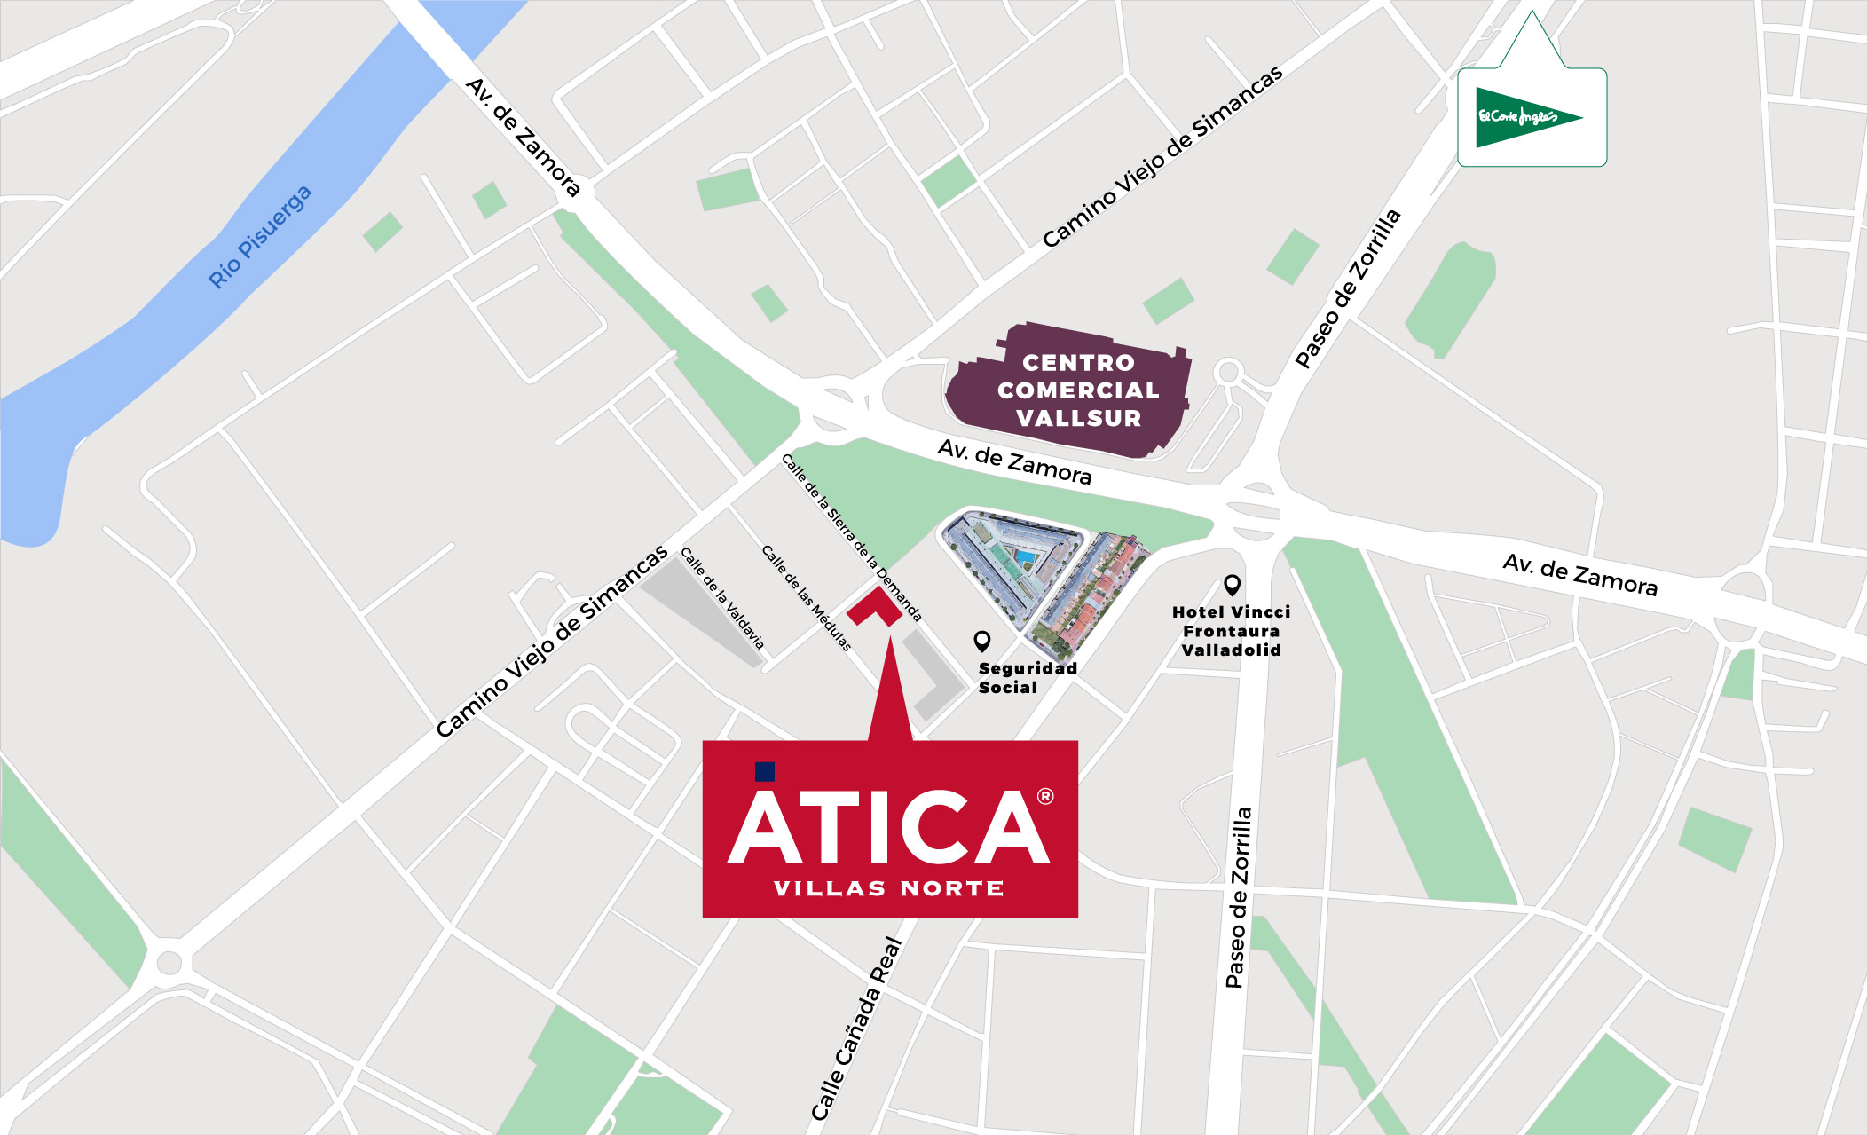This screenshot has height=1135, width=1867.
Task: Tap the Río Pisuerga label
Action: coord(259,237)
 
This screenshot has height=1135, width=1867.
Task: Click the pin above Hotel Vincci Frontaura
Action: coord(1232,584)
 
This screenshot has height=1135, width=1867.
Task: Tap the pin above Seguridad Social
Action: coord(981,640)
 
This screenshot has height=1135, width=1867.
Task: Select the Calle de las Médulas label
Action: coord(806,597)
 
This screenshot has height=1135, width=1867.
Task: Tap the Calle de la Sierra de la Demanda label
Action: coord(851,537)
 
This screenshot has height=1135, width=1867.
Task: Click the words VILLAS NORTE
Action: coord(889,888)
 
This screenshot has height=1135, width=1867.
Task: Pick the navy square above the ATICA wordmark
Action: coord(764,771)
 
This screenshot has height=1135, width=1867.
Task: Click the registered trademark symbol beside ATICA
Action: coord(1045,796)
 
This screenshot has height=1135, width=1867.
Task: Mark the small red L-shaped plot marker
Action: coord(875,607)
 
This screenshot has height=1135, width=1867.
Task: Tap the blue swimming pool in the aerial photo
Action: coord(1026,557)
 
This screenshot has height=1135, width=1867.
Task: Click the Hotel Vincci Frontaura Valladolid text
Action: coord(1231,631)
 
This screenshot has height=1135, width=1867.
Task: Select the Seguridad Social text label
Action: coord(1027,678)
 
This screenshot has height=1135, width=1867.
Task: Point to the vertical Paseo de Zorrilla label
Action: coord(1238,896)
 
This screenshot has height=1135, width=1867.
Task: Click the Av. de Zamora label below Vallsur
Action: coord(1014,462)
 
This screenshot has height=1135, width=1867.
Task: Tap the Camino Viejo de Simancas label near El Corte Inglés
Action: coord(1162,156)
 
